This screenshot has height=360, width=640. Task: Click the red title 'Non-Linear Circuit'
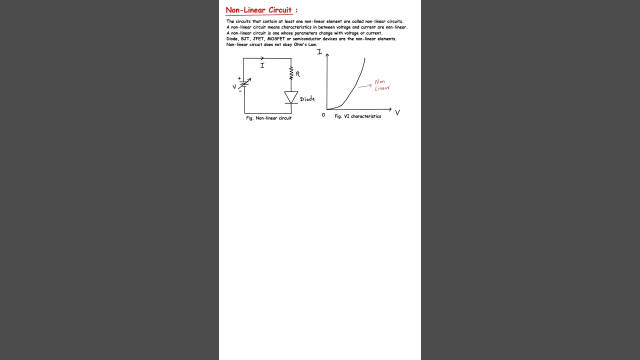pos(258,10)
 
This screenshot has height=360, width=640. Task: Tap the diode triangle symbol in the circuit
pos(291,97)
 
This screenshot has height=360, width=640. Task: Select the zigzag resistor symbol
pos(291,74)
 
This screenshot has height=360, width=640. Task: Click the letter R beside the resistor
pos(298,74)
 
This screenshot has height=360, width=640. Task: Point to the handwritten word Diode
pos(307,99)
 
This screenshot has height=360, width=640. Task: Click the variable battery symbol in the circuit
pos(244,84)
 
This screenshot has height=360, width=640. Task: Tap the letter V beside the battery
pos(234,87)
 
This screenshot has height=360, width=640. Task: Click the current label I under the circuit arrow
pos(262,65)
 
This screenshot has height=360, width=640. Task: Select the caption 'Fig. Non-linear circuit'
pos(268,118)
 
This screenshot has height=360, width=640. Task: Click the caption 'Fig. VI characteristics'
pos(357,116)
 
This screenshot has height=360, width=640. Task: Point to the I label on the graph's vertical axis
pos(319,52)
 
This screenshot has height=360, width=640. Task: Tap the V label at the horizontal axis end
pos(397,113)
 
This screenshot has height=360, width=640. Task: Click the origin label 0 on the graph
pos(323,115)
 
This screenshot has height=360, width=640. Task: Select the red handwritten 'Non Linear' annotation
pos(382,85)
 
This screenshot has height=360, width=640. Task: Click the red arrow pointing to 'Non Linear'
pos(364,86)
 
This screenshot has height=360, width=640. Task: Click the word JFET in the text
pos(258,39)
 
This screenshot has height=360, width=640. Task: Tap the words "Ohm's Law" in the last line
pos(306,44)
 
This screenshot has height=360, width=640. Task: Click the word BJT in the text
pos(245,39)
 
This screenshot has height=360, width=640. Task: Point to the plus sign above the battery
pos(239,78)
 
